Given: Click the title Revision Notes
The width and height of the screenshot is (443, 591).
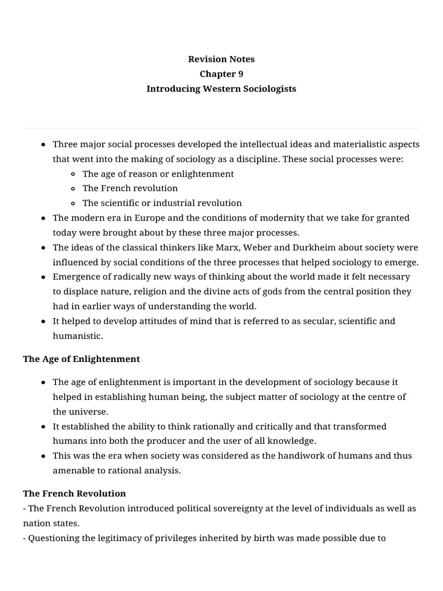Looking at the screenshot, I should pos(221,59).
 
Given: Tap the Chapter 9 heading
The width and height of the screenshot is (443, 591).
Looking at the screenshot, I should pos(221,74).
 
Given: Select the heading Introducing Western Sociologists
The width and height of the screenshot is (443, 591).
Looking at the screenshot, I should pos(221,89).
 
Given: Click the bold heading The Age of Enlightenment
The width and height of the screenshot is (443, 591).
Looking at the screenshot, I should pos(81,359).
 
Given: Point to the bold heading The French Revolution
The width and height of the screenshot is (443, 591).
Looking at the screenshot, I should pos(74,493).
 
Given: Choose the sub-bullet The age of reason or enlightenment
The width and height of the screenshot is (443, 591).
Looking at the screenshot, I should pos(158,174).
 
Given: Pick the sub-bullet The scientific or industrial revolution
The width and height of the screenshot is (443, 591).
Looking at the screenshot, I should pos(162,203).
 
